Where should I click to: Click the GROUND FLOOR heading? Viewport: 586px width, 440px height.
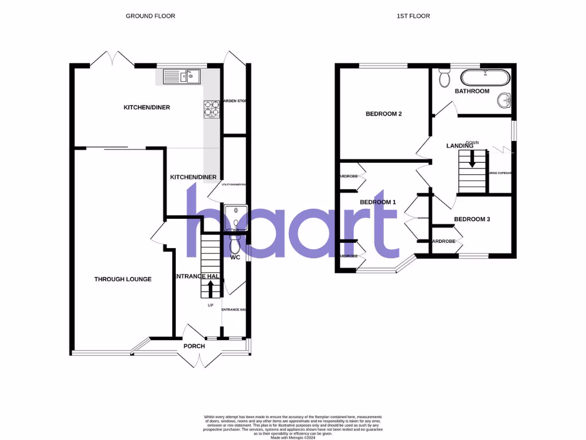click(x=151, y=16)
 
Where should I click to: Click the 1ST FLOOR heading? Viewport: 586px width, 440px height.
click(x=413, y=16)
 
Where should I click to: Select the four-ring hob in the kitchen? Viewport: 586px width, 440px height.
click(x=211, y=109)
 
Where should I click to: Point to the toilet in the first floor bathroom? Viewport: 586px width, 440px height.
click(x=444, y=77)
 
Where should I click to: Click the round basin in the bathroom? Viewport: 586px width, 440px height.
click(x=504, y=101)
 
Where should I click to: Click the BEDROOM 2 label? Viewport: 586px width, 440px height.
click(x=383, y=114)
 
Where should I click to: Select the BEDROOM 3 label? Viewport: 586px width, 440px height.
click(x=472, y=219)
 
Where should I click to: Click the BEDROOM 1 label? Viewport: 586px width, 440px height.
click(x=378, y=202)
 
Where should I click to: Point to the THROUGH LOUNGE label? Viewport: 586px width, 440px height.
click(x=123, y=280)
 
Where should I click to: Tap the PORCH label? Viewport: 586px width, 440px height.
click(x=194, y=346)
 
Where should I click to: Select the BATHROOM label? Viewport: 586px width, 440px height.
click(x=472, y=91)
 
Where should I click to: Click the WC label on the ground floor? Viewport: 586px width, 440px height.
click(x=235, y=258)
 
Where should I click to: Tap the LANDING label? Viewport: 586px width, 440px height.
click(x=460, y=146)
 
